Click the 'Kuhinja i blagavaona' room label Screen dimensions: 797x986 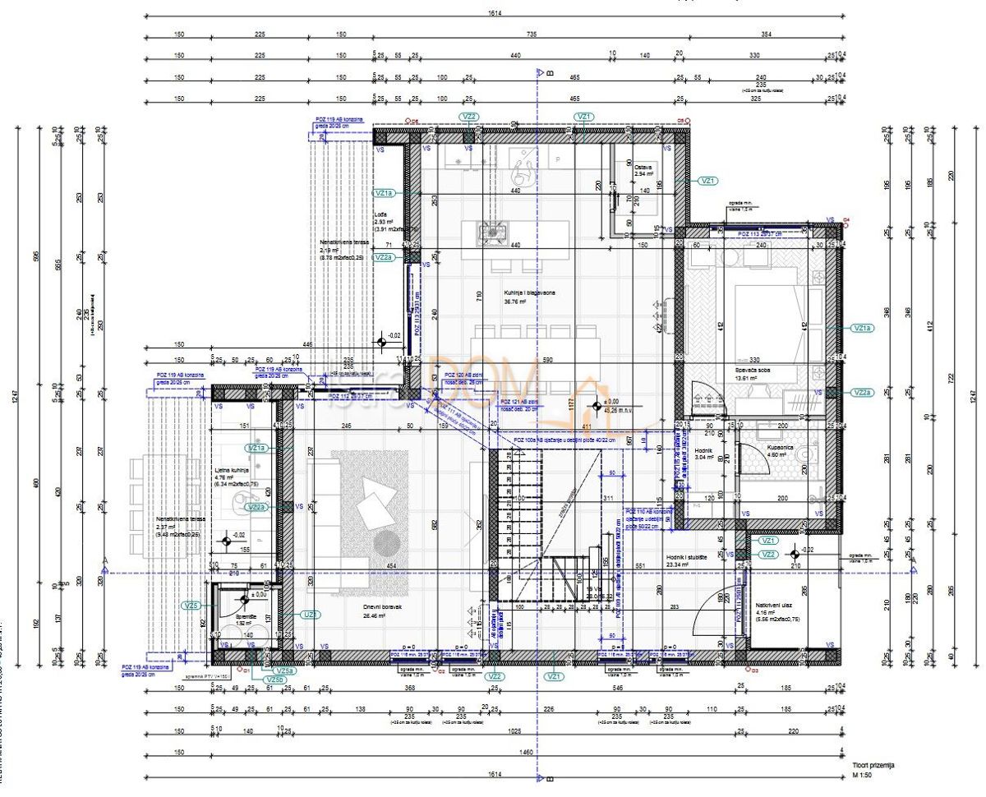(x=531, y=293)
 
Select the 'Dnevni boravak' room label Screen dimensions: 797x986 (x=383, y=608)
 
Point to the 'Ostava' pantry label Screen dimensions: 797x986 (x=643, y=167)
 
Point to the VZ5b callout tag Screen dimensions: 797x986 (x=275, y=680)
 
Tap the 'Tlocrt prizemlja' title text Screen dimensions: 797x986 (x=873, y=765)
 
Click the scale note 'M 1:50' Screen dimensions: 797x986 (x=861, y=775)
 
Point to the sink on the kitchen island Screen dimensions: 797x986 (x=492, y=232)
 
